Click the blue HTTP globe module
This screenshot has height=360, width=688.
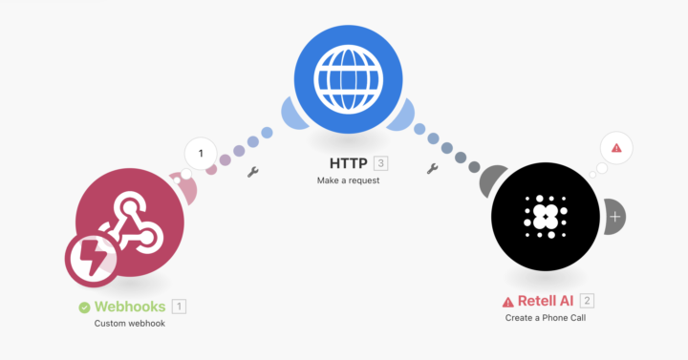[349, 79]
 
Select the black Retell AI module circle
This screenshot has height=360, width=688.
[546, 217]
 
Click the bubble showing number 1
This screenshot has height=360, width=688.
[201, 154]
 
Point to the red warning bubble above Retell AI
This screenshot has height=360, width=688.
[616, 148]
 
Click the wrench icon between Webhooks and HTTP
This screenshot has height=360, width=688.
[252, 172]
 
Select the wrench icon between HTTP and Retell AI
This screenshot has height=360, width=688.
[432, 168]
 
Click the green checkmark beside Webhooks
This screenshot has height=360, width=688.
[84, 307]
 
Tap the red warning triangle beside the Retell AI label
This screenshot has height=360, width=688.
[507, 302]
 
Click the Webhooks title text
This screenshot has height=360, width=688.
[130, 307]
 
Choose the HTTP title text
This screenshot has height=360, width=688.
[349, 163]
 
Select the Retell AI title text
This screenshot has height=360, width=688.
[546, 301]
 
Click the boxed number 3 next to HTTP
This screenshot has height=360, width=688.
[381, 163]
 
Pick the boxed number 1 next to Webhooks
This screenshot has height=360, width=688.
[179, 307]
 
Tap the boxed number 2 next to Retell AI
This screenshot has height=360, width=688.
[587, 301]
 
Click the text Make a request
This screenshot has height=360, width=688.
[349, 180]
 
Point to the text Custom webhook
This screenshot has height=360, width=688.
[130, 324]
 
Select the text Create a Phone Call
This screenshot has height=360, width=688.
[546, 318]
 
